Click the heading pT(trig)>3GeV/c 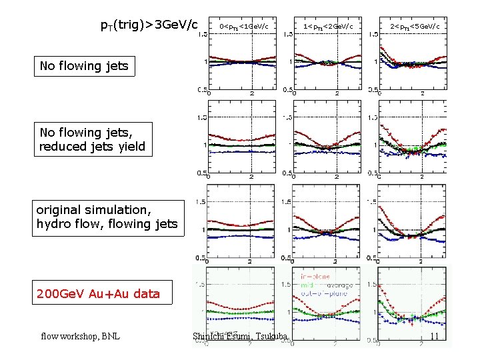149,26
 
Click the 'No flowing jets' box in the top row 84,65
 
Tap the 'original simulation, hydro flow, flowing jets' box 107,217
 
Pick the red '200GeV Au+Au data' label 99,293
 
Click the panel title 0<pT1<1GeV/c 244,27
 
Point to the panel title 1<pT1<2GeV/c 328,27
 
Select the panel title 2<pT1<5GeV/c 414,27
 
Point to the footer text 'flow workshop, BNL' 80,336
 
